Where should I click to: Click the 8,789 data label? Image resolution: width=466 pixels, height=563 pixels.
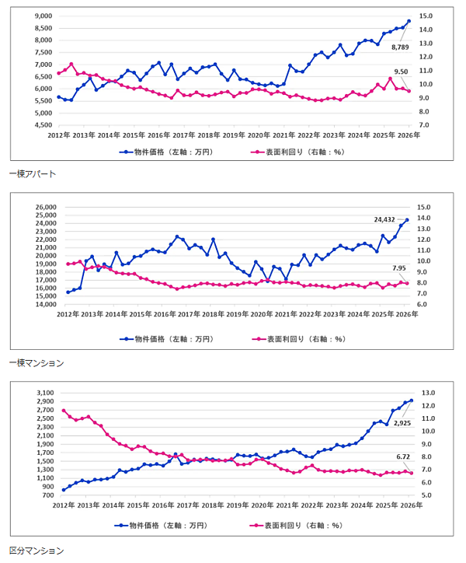(401, 47)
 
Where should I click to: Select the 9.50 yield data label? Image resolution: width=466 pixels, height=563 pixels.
(401, 72)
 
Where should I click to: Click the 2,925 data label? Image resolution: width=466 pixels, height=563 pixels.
(402, 423)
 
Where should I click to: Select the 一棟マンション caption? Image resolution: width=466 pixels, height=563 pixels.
(35, 362)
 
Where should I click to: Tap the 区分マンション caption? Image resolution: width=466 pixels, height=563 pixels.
(35, 551)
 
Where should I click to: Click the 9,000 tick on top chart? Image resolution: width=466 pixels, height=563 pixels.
(42, 16)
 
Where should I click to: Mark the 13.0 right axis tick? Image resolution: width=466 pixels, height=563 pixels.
(426, 393)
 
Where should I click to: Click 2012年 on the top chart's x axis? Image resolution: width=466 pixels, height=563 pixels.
(60, 135)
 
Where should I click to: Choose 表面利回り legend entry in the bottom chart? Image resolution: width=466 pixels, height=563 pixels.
(298, 526)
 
